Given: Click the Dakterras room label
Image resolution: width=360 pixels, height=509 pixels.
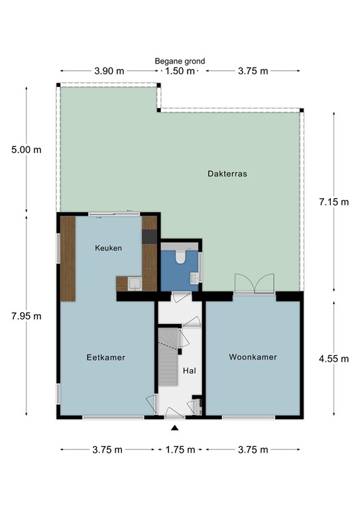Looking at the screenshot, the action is point(227,174).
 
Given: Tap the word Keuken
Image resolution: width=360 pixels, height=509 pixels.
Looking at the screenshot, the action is point(109,248).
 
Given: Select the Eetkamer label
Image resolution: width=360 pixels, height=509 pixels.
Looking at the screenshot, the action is point(106,357).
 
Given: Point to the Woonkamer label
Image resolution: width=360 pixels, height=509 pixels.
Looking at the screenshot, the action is point(253,357).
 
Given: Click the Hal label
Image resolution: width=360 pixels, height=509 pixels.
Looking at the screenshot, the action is point(190,370).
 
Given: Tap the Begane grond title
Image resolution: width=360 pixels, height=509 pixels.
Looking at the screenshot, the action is point(180,61).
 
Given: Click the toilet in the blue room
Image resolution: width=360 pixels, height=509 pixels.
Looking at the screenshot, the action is point(180,256).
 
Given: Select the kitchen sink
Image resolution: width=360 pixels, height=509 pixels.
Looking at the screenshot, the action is point(135,284).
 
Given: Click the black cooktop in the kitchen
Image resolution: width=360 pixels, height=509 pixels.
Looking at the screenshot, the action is point(149,237).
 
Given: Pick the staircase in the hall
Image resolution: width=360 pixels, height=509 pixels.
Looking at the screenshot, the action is point(168,357).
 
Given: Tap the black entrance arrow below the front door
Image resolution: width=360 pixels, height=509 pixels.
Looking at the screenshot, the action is point(174,427).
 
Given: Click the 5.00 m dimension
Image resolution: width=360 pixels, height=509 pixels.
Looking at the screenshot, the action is point(27,150).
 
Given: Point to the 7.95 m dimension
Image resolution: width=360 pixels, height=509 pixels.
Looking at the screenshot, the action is point(27,316).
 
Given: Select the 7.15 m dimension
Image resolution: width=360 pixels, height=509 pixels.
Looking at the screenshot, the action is point(333,202).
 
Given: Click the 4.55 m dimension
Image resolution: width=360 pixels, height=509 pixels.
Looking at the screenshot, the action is point(333,359).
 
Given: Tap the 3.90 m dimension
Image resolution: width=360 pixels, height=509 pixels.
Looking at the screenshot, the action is point(109,71).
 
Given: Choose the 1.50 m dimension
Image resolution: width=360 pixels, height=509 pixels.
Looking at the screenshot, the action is point(180,71).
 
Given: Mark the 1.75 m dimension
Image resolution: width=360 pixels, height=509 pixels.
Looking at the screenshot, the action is point(180,449).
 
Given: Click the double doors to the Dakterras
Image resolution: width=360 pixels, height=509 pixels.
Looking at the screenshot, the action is point(255,284).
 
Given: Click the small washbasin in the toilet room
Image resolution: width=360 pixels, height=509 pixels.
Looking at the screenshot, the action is point(194,278).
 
